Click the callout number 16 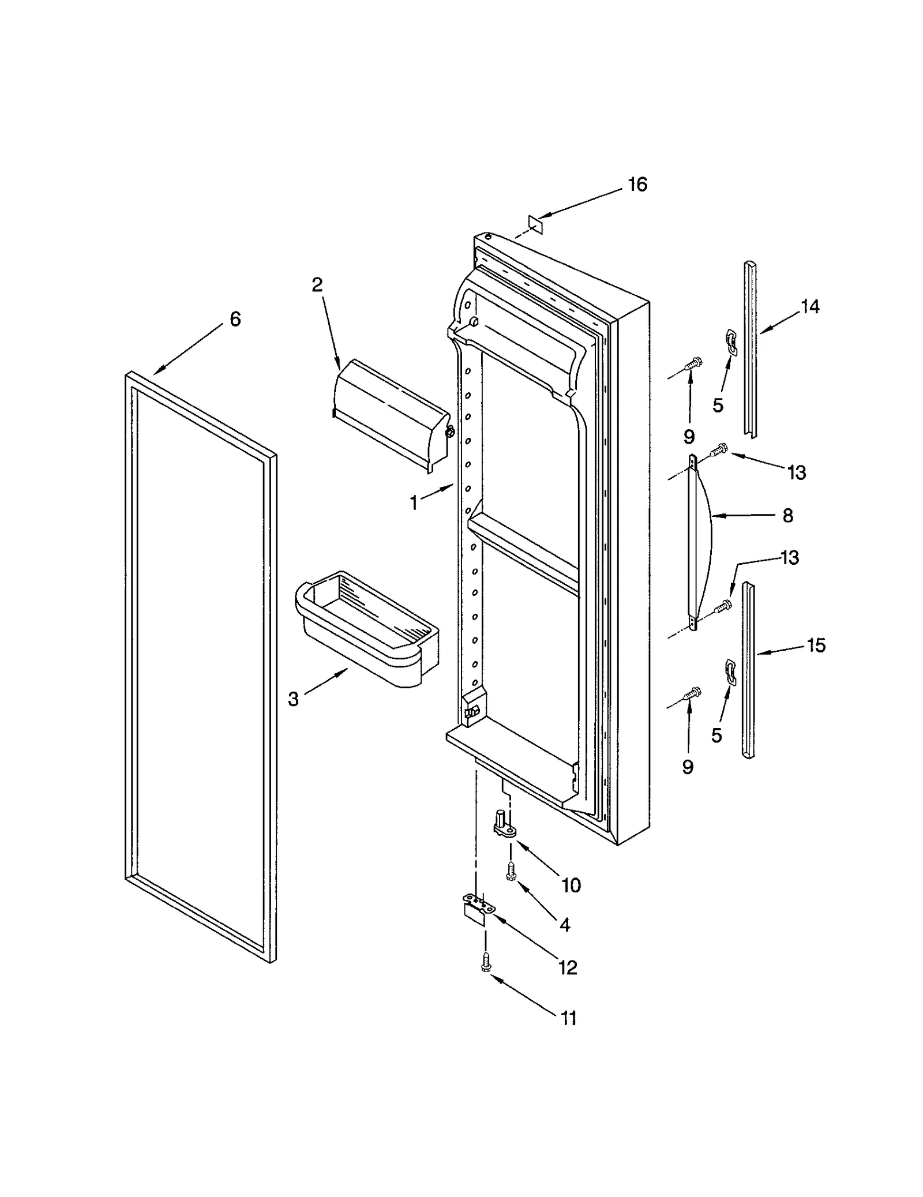coord(637,185)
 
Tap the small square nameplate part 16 coord(535,224)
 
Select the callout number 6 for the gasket coord(235,319)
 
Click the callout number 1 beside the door coord(414,503)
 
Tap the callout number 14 coord(810,307)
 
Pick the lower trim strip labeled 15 coord(748,669)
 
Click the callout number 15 coord(816,645)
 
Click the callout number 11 coord(569,1018)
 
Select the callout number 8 coord(788,515)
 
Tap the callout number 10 coord(571,885)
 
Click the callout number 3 coord(293,699)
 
